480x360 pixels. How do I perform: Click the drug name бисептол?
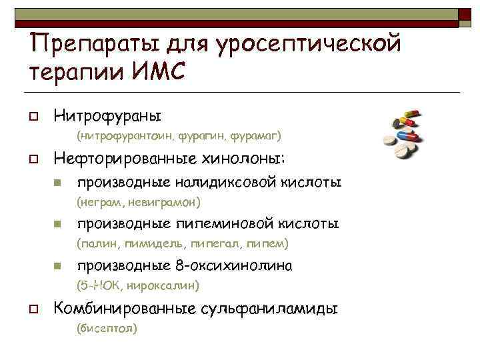tap(107, 329)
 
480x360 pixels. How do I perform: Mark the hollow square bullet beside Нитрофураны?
tap(31, 117)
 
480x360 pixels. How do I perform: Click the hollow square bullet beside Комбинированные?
tap(31, 309)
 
